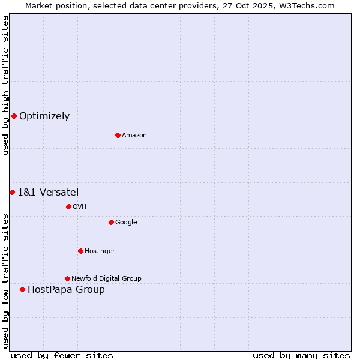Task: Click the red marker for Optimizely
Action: click(14, 116)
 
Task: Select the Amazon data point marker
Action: click(118, 135)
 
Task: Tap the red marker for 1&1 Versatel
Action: click(12, 192)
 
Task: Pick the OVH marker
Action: click(68, 206)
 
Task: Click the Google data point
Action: click(111, 222)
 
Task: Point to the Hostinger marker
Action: click(80, 251)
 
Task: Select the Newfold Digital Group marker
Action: click(67, 278)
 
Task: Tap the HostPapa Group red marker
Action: click(22, 289)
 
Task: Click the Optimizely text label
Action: click(44, 116)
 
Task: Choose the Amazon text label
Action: click(134, 136)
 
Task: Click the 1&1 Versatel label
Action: click(48, 193)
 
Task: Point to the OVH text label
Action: click(80, 207)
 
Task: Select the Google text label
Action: click(126, 223)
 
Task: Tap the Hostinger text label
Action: click(100, 251)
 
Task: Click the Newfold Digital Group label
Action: click(106, 279)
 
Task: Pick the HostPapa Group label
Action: click(66, 290)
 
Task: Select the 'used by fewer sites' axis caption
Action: click(62, 355)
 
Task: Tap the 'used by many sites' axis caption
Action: click(301, 355)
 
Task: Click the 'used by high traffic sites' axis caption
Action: click(5, 86)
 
